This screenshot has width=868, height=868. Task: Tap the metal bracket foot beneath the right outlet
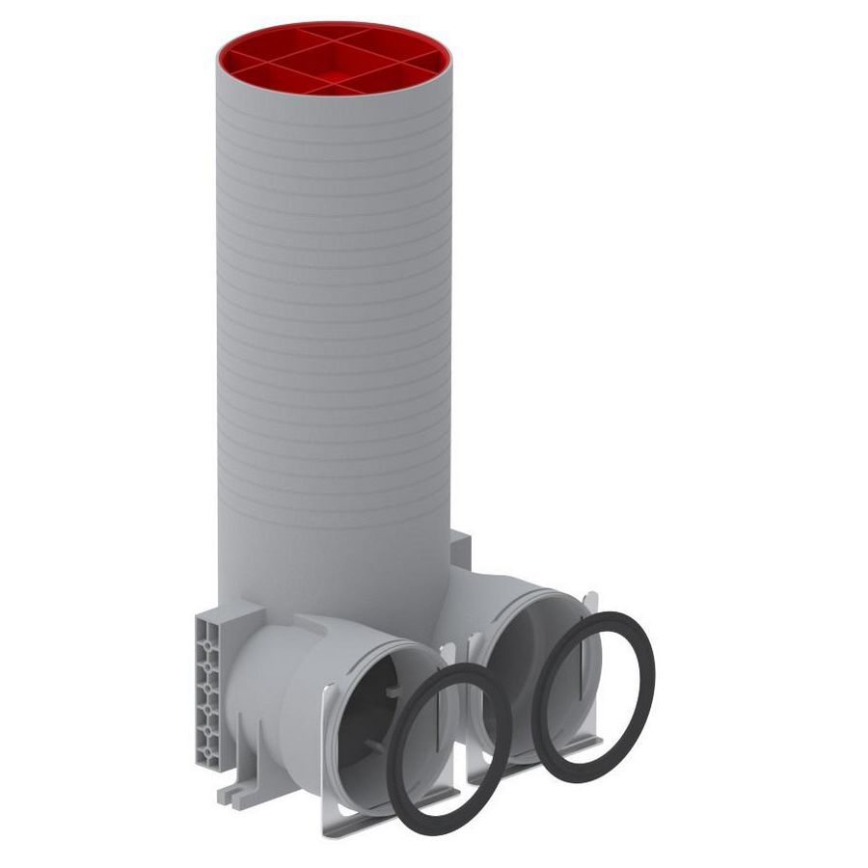point(540,762)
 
